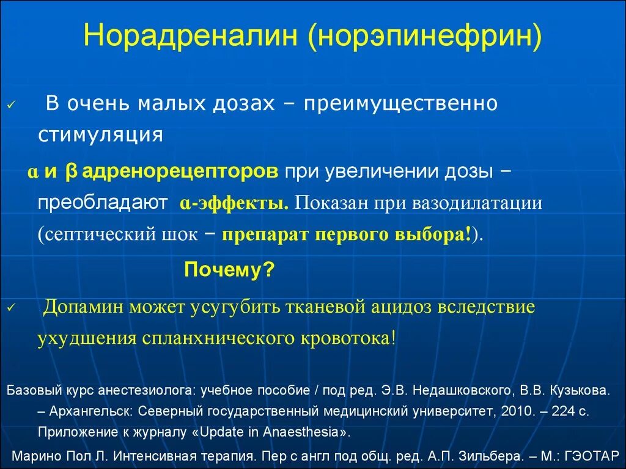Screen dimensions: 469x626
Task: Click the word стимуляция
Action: pos(100,134)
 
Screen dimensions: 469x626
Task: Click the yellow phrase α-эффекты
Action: pos(234,203)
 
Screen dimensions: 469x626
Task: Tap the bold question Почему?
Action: pos(229,269)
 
